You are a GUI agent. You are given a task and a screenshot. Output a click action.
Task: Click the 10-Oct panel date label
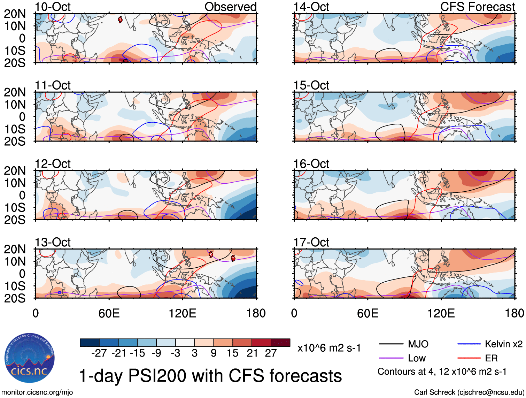[53, 7]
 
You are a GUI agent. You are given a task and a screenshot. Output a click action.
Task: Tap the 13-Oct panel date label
[53, 242]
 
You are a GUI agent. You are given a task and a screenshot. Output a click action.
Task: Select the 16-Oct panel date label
[311, 163]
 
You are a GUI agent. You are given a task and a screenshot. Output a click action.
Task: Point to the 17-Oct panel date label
[311, 242]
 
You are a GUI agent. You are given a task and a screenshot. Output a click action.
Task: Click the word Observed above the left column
[230, 7]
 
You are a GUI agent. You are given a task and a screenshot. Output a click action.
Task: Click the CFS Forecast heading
[477, 7]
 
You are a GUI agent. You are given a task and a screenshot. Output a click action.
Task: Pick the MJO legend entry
[418, 344]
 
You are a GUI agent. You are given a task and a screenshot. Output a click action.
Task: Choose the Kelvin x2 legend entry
[503, 344]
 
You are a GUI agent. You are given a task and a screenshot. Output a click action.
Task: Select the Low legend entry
[417, 358]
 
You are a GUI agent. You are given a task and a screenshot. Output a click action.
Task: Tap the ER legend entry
[491, 358]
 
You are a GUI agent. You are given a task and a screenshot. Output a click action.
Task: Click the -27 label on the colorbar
[99, 353]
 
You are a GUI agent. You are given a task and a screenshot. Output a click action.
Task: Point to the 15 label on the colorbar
[232, 353]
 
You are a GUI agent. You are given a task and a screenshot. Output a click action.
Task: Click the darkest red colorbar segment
[280, 343]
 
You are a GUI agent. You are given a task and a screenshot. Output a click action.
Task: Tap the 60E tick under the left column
[109, 313]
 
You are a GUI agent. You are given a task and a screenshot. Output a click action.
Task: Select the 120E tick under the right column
[441, 313]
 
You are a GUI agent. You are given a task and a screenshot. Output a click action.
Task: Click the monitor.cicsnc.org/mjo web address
[37, 392]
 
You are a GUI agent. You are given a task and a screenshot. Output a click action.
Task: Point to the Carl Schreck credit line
[469, 392]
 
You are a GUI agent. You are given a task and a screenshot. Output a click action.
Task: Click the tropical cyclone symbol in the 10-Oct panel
[120, 20]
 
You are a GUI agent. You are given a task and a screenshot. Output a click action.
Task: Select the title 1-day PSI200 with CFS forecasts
[210, 376]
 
